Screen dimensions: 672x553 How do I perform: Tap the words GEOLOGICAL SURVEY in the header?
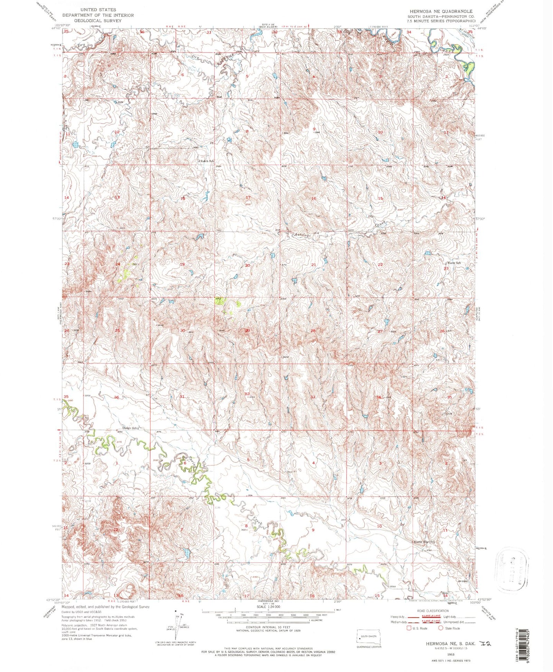[x=98, y=21]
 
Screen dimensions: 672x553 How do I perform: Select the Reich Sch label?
[x=207, y=161]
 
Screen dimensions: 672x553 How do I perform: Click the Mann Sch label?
[x=453, y=263]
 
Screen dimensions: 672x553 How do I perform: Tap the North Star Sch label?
[x=425, y=542]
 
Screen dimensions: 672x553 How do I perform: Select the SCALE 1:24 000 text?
[x=268, y=607]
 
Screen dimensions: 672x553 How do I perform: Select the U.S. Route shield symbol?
[x=408, y=628]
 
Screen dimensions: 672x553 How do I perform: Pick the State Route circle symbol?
[x=440, y=628]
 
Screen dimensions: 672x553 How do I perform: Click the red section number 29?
[x=248, y=331]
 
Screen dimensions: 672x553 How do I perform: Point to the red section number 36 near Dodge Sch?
[x=117, y=397]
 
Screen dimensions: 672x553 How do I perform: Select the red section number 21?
[x=313, y=265]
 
